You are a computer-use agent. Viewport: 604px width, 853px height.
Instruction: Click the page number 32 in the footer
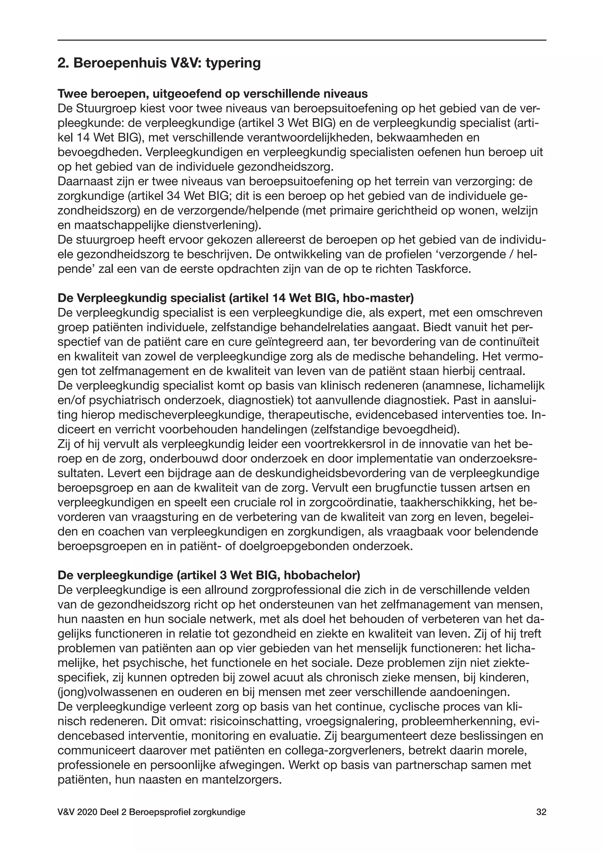coord(541,812)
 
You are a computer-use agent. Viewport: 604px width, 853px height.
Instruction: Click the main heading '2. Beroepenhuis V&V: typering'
coord(159,63)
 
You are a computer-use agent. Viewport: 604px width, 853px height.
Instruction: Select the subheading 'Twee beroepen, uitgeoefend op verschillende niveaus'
coord(213,94)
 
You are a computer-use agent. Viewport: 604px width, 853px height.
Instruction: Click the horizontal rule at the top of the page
coord(302,40)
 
